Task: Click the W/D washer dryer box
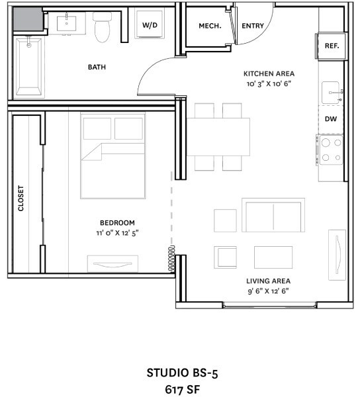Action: (150, 24)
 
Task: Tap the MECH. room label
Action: (209, 26)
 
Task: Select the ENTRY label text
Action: (253, 26)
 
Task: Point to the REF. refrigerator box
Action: (332, 46)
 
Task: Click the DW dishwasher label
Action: (331, 119)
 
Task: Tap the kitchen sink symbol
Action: (332, 93)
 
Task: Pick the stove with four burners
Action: (331, 150)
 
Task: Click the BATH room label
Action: (97, 67)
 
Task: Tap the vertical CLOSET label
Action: (21, 198)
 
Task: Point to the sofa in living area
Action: (274, 214)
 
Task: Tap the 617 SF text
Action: (182, 388)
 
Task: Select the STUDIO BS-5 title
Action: (182, 373)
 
